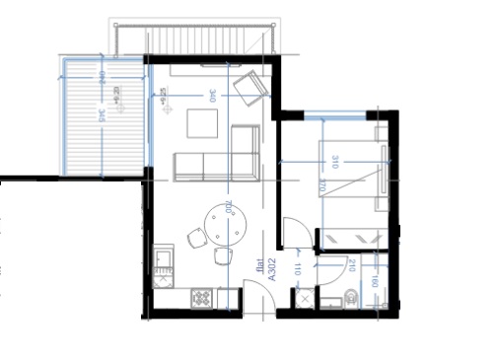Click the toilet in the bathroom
352,295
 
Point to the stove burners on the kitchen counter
201,296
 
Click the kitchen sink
162,264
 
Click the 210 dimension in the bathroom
352,263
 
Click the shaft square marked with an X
304,296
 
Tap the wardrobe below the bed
350,239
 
